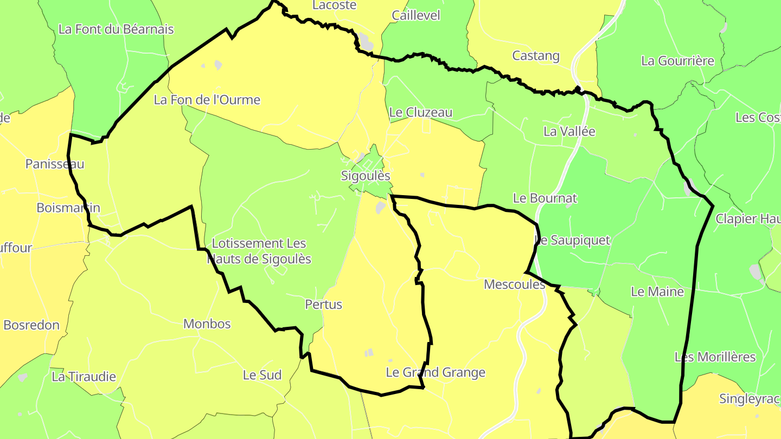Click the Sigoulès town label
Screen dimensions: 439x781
click(x=366, y=176)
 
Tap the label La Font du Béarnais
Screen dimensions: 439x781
click(x=116, y=29)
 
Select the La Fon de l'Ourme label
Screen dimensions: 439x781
click(x=207, y=100)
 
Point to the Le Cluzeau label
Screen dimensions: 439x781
click(x=421, y=113)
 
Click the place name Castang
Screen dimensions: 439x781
click(x=536, y=56)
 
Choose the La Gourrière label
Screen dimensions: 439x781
click(x=677, y=61)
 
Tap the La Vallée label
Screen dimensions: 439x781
click(x=569, y=131)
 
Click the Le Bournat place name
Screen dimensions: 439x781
click(x=545, y=198)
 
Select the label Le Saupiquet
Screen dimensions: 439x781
click(x=573, y=240)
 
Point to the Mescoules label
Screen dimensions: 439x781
click(x=514, y=284)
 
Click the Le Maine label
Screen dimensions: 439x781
click(x=657, y=292)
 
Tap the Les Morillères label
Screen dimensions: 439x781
click(x=715, y=357)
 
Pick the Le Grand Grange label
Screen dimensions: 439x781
click(x=436, y=372)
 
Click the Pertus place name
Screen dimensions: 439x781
click(x=324, y=305)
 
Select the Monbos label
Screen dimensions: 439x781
click(x=207, y=324)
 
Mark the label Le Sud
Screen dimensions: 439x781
click(x=262, y=375)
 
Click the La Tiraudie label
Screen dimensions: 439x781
click(x=84, y=377)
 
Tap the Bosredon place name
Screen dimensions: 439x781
click(x=31, y=325)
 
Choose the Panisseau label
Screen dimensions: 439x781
click(x=55, y=164)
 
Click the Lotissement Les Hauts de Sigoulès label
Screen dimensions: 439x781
click(x=260, y=251)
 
